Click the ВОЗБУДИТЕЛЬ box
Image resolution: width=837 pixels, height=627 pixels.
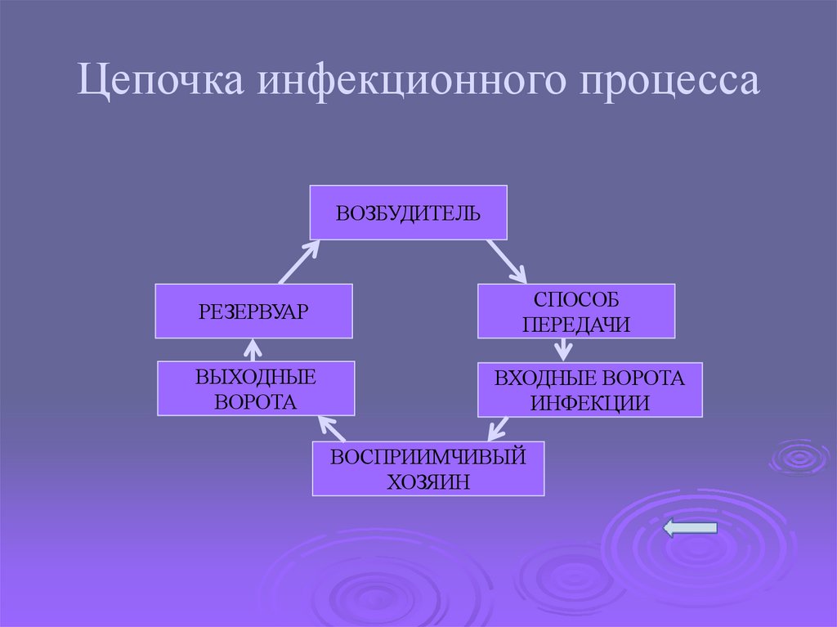pos(408,213)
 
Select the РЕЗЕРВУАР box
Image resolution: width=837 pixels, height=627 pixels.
pos(253,311)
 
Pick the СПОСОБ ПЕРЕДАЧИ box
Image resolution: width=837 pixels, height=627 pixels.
pos(576,311)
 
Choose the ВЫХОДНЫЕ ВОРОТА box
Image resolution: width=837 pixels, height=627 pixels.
pos(256,388)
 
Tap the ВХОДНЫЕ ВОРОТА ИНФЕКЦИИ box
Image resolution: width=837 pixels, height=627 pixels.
pos(589,389)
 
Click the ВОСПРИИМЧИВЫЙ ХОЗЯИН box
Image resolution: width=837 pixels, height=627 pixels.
pos(427,468)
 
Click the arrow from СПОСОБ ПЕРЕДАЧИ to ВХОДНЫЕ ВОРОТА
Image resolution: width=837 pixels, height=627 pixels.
pos(562,349)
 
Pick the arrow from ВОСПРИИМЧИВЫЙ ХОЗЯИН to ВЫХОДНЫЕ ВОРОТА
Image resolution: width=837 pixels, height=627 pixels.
pos(333,428)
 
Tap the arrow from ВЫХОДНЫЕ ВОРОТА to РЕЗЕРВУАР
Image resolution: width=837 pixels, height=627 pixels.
pos(253,349)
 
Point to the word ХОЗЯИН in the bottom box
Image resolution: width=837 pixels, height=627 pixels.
pos(427,481)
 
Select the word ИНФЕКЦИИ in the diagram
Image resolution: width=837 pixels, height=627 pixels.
pos(589,402)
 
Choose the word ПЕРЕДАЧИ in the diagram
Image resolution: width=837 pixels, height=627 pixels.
pos(576,324)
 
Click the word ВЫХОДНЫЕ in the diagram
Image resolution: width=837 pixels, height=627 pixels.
pos(256,376)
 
